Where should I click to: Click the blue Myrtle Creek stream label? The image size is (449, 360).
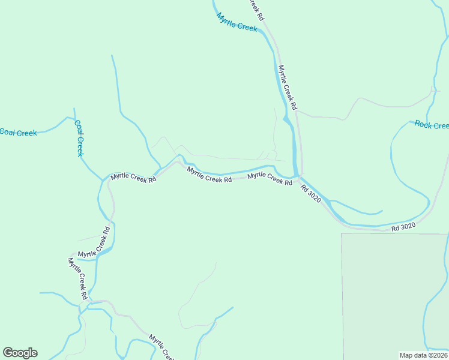(x=237, y=22)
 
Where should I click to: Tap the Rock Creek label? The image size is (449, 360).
(x=431, y=125)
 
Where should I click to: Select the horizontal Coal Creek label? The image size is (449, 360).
(x=19, y=133)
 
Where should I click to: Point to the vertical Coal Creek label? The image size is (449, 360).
(x=79, y=138)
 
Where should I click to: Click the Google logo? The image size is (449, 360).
(x=20, y=353)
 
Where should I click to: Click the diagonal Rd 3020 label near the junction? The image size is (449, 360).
(x=311, y=193)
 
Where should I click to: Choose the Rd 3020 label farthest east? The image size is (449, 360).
(x=403, y=227)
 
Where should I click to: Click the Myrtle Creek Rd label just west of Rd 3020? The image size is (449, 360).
(x=270, y=178)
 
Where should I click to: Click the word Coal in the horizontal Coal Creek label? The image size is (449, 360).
(x=8, y=132)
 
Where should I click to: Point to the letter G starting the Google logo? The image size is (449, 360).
(x=7, y=353)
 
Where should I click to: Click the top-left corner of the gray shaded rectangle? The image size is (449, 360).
(x=342, y=233)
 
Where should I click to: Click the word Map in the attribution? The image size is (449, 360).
(x=406, y=355)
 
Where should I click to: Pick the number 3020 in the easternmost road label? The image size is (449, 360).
(x=408, y=227)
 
